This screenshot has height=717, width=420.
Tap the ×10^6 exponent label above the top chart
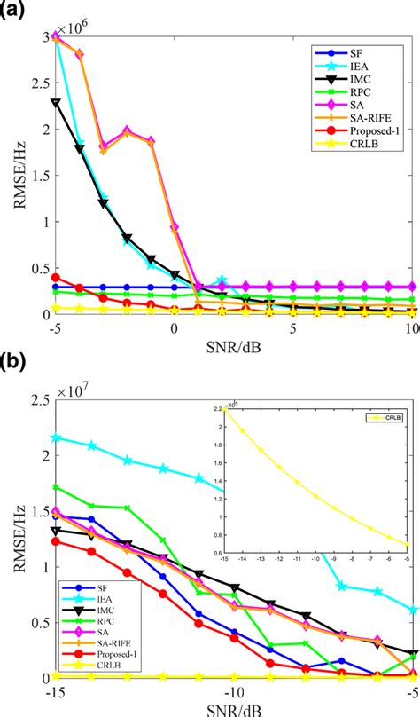pos(74,26)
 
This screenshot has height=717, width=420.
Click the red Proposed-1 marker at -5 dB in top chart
pos(57,278)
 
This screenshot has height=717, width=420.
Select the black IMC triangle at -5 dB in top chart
pos(57,103)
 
